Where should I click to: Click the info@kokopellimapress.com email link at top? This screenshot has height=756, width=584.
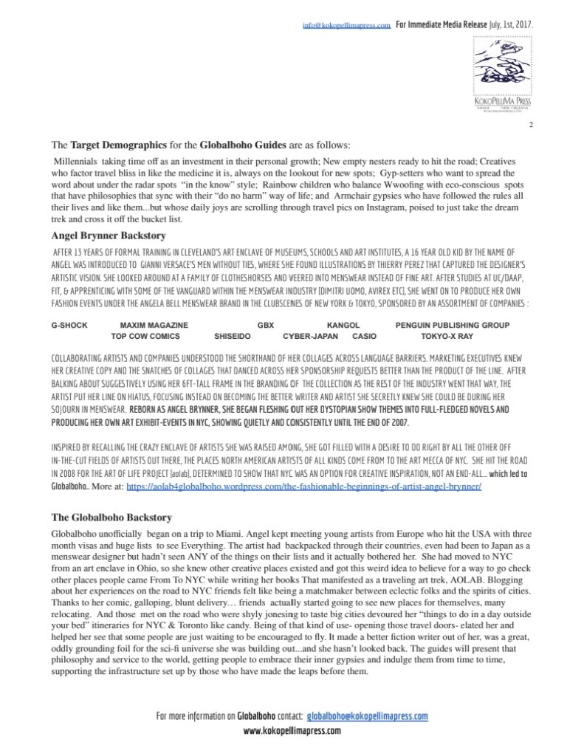[346, 25]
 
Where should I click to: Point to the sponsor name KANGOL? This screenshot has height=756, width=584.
[343, 324]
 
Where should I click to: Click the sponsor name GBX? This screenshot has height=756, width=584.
[265, 324]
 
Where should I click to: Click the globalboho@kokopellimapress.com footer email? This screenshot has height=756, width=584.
[367, 716]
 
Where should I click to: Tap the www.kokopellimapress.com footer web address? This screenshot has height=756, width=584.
[292, 730]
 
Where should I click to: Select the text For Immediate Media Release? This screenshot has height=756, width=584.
[442, 25]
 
